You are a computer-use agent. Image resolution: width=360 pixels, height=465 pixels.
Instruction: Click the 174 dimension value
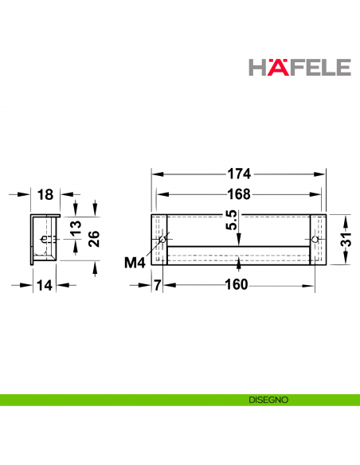click(238, 173)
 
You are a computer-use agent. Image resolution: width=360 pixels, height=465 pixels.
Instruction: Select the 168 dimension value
click(238, 193)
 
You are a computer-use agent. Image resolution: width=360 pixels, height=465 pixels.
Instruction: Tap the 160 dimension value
click(237, 283)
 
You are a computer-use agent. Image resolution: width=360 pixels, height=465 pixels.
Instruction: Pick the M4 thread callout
click(136, 262)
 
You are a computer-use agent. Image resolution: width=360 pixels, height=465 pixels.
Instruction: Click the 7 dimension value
click(157, 283)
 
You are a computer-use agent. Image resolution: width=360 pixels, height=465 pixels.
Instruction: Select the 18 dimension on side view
click(45, 193)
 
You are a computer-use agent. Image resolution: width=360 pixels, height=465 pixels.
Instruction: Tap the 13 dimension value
click(76, 229)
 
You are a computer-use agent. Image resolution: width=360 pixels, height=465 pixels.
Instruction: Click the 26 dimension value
click(94, 240)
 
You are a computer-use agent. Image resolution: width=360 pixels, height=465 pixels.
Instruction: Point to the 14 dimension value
click(45, 283)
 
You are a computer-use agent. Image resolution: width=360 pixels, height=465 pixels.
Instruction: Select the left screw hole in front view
click(162, 240)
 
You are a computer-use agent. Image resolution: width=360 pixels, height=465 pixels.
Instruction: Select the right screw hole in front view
click(316, 240)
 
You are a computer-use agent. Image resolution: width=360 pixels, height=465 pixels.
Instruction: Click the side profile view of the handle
click(45, 239)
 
